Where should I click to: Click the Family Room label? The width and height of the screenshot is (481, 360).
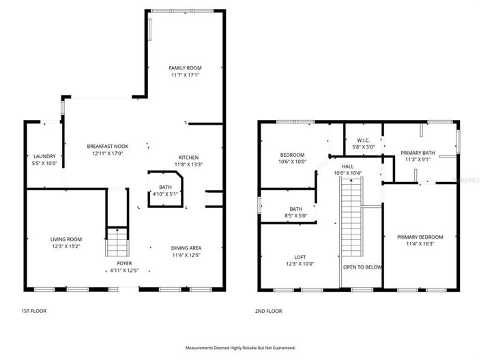pos(185,68)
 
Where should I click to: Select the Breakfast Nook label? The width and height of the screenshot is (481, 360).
pos(107,146)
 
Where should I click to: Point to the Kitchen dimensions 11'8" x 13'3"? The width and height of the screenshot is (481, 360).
pos(188,164)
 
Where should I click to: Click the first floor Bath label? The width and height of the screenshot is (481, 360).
pos(165,187)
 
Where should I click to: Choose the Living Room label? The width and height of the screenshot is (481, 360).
pos(65,239)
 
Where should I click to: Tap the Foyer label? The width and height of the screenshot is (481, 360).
pos(123,262)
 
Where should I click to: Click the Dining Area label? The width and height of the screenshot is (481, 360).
pos(186,247)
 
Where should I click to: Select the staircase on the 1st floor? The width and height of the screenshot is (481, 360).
pos(117,242)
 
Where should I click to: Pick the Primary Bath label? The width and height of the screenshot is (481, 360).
pos(417,153)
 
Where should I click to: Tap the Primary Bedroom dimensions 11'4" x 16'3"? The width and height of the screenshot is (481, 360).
pos(420,245)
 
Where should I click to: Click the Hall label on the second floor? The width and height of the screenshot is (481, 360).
pos(347,166)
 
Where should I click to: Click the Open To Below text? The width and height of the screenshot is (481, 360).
pos(362,267)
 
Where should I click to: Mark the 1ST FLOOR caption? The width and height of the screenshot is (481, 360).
pos(33,311)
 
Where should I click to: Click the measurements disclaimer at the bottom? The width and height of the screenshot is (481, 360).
pos(240,347)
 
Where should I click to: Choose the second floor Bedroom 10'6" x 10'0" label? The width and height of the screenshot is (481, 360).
pos(293,155)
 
